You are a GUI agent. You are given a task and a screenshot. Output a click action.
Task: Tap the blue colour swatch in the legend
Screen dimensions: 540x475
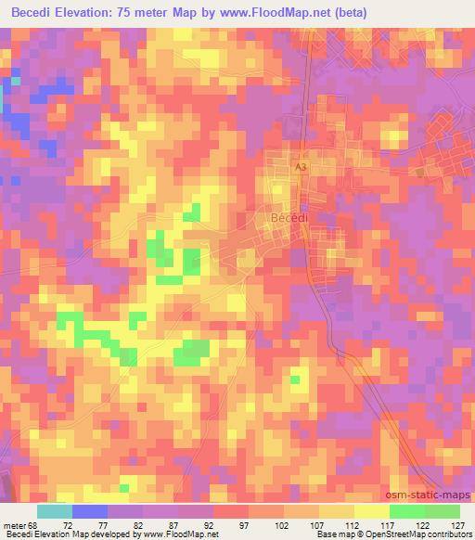point(89,511)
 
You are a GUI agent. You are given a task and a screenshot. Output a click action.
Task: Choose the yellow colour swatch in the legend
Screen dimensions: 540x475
point(371,511)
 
